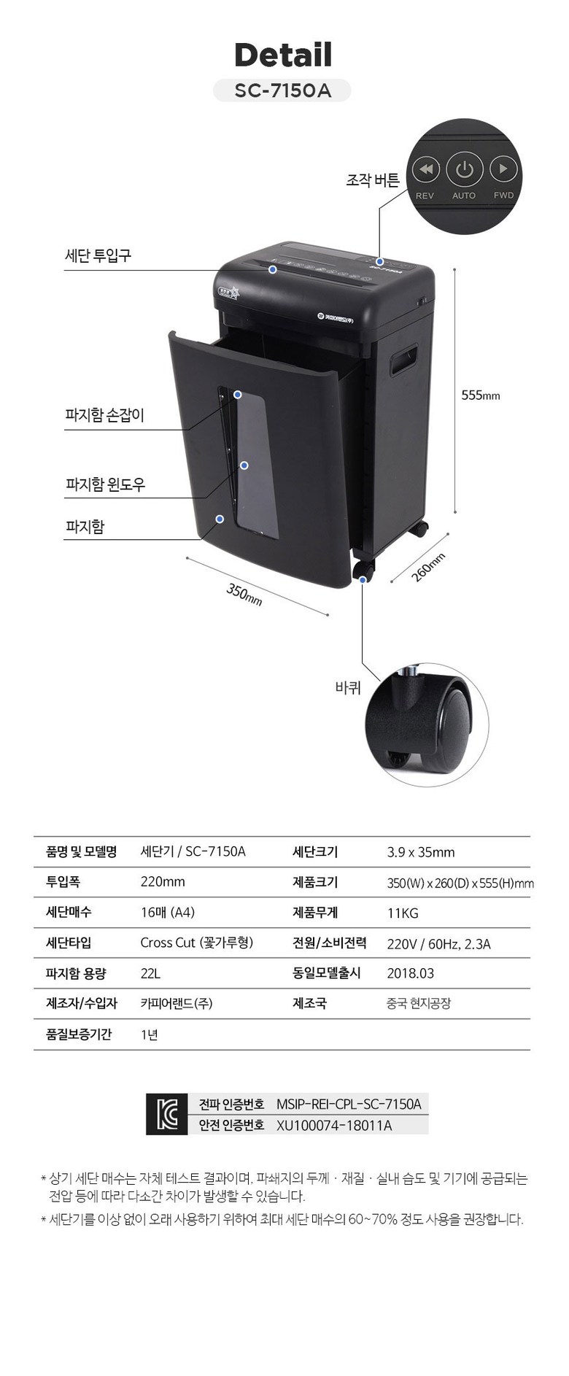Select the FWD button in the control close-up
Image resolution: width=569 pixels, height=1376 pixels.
(503, 170)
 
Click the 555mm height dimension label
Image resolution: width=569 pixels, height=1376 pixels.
(481, 395)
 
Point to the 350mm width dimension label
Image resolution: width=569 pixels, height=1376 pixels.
(244, 595)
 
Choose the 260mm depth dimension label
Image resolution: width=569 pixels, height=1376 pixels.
(428, 567)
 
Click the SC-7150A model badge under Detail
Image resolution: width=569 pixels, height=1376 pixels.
(282, 90)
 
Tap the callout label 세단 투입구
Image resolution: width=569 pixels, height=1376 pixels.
(98, 255)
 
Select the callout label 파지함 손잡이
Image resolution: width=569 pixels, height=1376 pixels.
(105, 415)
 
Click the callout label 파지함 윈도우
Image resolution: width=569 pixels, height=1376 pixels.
(106, 484)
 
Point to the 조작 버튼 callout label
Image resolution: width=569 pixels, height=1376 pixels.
(372, 179)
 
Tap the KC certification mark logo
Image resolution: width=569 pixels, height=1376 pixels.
(167, 1114)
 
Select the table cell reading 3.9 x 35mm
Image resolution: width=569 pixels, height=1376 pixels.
(421, 852)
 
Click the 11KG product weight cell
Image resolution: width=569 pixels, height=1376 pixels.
(403, 913)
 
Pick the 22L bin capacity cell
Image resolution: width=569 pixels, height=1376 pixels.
(150, 973)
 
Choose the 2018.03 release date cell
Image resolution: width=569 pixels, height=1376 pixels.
(411, 973)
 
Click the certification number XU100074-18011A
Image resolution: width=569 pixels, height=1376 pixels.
(334, 1125)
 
